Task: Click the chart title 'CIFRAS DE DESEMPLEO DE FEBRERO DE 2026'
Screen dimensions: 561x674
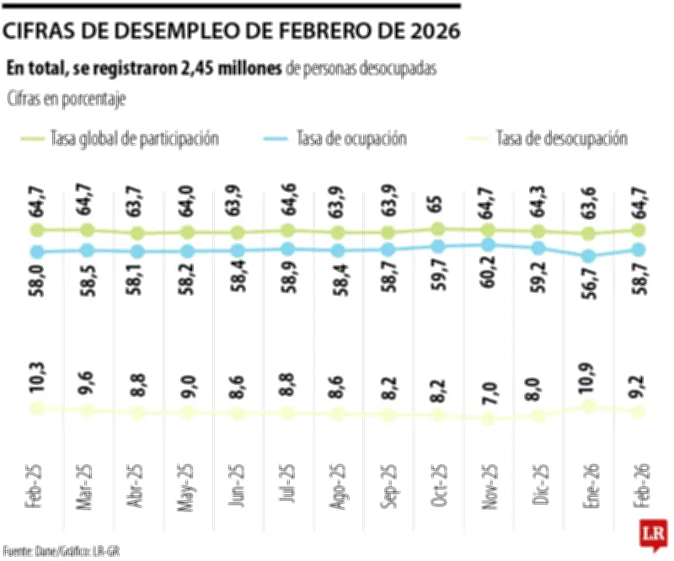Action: (x=232, y=32)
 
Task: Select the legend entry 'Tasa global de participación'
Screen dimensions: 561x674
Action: (x=135, y=138)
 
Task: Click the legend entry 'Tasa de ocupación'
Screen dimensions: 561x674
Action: (x=351, y=138)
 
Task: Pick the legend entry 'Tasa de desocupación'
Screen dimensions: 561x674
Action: (x=562, y=138)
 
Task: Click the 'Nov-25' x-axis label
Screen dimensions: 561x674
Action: (x=488, y=488)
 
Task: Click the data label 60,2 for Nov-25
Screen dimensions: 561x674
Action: (x=488, y=288)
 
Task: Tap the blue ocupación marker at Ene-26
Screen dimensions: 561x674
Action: (x=588, y=256)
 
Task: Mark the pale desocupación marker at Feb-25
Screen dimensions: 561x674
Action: (x=37, y=409)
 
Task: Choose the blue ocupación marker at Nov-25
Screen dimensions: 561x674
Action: (x=488, y=244)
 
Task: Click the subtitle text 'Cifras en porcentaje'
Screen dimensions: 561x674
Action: (x=66, y=99)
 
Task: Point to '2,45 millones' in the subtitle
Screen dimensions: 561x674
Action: (x=231, y=69)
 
